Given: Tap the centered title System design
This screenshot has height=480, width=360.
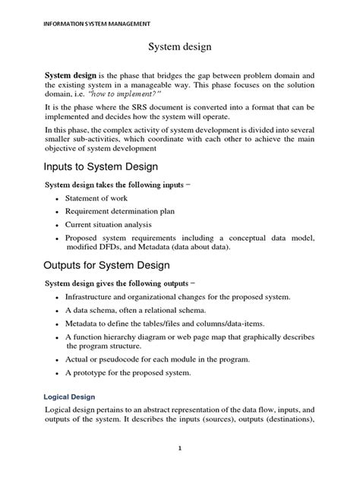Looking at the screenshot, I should click(x=179, y=47).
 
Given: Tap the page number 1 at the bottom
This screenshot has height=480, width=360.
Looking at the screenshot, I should click(x=179, y=448).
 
